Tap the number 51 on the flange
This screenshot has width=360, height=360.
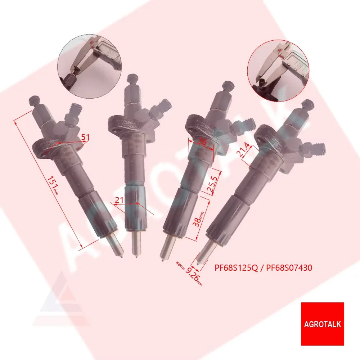85,137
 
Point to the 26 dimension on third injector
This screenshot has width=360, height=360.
202,142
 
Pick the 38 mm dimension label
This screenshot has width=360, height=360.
198,219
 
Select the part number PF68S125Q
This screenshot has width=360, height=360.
236,268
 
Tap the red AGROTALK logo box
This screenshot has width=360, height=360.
322,324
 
